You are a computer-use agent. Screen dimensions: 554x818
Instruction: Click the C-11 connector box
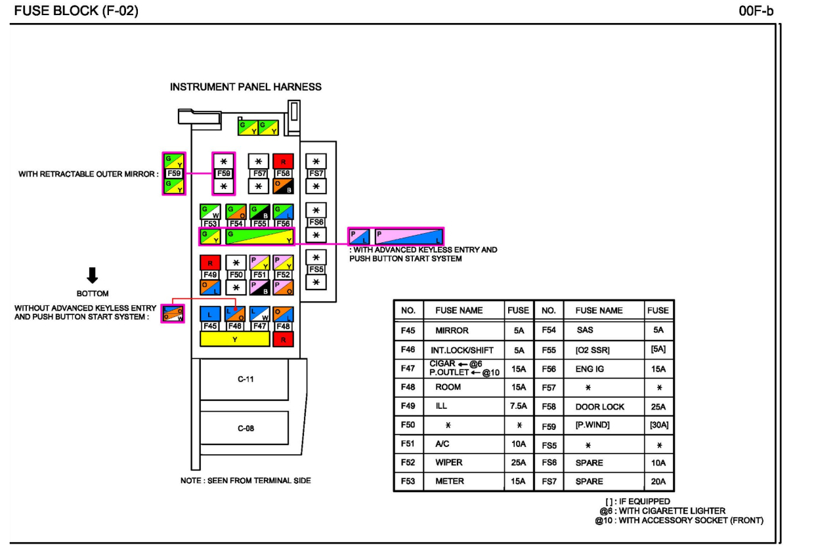(x=245, y=379)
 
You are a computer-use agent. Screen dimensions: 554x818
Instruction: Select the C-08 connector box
(x=245, y=429)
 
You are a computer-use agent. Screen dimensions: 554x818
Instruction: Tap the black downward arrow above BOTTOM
(x=92, y=276)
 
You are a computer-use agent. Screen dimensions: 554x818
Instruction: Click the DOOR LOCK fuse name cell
(x=599, y=407)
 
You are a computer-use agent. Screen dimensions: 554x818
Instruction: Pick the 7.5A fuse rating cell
(x=518, y=406)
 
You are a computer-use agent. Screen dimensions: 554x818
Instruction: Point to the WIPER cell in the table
(x=449, y=463)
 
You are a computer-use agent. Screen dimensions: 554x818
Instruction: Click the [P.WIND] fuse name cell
(x=592, y=425)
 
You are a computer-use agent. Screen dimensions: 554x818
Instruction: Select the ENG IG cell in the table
(x=590, y=369)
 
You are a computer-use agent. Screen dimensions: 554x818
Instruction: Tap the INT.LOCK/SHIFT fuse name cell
(x=462, y=350)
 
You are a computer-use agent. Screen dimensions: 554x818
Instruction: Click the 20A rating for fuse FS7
(x=658, y=482)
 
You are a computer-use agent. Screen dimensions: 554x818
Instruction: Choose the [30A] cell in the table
(x=658, y=425)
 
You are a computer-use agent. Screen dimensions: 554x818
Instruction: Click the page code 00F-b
(x=756, y=11)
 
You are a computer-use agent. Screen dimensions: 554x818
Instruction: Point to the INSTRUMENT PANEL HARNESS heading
(x=246, y=87)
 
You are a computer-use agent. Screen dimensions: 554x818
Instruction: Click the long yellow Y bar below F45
(x=234, y=339)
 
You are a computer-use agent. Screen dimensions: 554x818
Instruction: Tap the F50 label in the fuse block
(x=236, y=275)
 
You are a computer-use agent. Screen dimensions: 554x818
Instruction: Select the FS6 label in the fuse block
(x=316, y=223)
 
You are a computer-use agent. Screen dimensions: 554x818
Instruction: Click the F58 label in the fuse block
(x=283, y=174)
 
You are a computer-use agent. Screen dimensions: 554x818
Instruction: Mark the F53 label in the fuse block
(x=210, y=224)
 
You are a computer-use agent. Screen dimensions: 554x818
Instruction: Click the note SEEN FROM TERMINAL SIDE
(x=246, y=481)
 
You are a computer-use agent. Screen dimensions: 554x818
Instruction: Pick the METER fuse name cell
(x=450, y=482)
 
